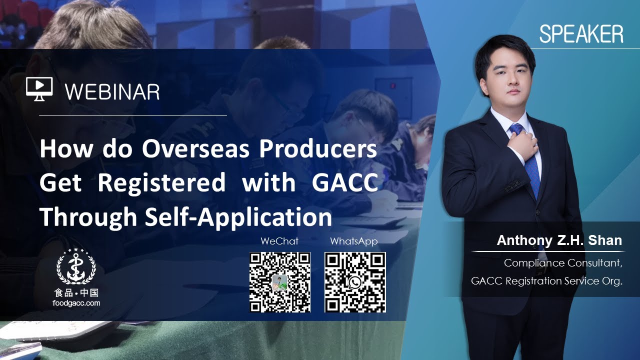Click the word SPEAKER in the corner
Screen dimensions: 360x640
(581, 34)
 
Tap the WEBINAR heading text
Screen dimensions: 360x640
(112, 91)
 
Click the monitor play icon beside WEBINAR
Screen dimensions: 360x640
(39, 88)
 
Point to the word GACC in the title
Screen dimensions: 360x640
(344, 183)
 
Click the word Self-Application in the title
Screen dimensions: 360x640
(239, 217)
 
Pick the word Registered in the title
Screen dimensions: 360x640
(161, 183)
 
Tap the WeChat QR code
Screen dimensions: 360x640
(280, 282)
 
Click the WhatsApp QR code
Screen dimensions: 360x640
(355, 282)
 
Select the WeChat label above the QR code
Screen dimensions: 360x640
(279, 241)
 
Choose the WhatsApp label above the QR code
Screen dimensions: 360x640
(353, 241)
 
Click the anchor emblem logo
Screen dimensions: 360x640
(76, 266)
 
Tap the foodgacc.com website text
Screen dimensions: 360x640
(76, 303)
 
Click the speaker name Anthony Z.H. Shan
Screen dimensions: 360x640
(559, 240)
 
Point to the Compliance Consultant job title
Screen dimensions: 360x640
(563, 263)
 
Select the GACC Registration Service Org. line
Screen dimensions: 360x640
(546, 281)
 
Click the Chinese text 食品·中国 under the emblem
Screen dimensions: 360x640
(76, 293)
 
